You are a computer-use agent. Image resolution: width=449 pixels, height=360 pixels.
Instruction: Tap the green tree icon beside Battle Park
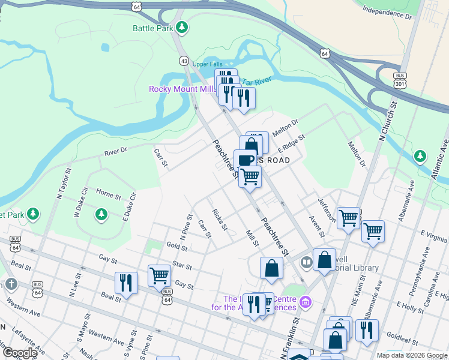pos(181,27)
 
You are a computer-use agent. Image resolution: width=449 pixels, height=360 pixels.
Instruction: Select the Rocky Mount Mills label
pos(182,89)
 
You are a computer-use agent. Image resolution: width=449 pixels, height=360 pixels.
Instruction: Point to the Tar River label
pos(259,80)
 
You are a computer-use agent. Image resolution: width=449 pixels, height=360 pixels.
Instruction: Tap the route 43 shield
pos(184,61)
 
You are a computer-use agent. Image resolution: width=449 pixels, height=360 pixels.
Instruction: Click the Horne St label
pos(108,194)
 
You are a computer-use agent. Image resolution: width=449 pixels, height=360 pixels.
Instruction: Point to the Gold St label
pos(177,246)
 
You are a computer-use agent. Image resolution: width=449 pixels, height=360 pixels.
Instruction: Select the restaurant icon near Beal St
pos(126,282)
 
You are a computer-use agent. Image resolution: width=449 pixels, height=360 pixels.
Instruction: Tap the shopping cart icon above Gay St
pos(159,275)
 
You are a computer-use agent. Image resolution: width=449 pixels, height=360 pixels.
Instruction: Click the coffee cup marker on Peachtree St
pos(245,161)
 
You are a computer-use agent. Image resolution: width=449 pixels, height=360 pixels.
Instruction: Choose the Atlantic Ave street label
pos(439,159)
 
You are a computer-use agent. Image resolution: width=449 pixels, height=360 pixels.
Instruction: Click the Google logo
pos(19,352)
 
